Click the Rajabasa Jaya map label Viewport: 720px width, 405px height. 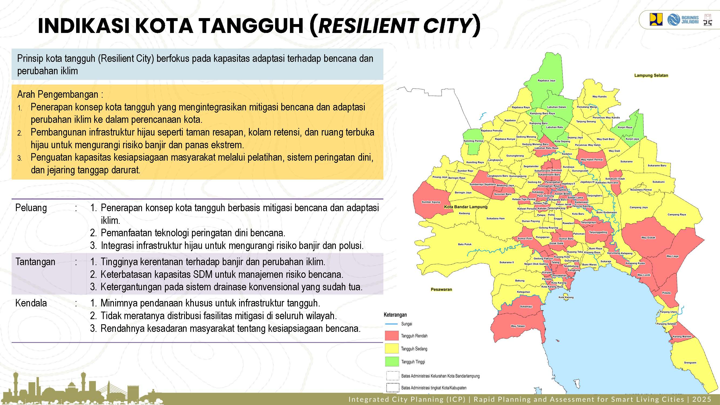pos(546,80)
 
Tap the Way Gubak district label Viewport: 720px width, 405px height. pos(648,238)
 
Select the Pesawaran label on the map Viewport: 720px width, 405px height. pos(441,289)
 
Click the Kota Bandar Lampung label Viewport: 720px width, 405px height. pos(466,207)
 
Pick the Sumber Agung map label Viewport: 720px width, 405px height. pos(431,202)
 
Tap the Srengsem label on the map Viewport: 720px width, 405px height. pos(690,363)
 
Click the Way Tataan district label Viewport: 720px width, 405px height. pos(518,326)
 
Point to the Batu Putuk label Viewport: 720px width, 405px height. pos(465,244)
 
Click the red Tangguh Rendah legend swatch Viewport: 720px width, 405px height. pos(391,336)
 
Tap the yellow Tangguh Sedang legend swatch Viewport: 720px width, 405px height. pos(391,349)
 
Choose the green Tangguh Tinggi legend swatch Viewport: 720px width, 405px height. pos(391,362)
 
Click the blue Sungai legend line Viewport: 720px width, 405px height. pos(391,324)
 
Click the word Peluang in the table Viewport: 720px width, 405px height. pos(31,208)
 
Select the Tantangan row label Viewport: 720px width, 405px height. pos(35,262)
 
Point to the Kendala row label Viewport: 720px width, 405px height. pos(31,303)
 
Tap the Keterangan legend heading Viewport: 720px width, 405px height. pos(395,315)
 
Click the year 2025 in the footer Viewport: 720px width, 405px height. pos(702,399)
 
